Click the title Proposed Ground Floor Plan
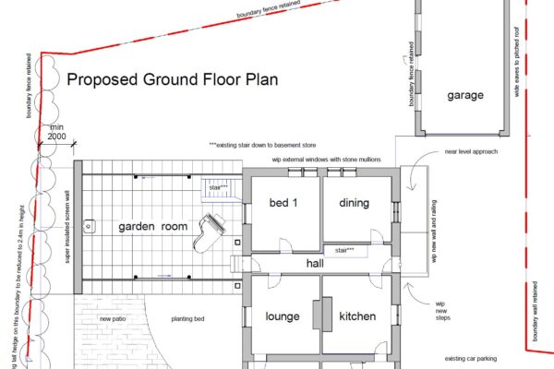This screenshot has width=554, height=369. pos(173,80)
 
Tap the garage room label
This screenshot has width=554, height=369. pos(466,96)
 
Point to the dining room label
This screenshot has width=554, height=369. pos(354,203)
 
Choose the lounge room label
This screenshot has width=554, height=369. pos(283,316)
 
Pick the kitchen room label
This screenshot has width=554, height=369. pos(357,316)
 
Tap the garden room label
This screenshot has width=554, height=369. pos(153,226)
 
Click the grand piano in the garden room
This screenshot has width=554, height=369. pos(208,232)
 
